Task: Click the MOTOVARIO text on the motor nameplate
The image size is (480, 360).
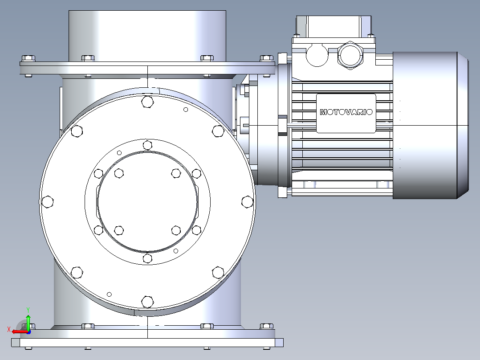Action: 346,112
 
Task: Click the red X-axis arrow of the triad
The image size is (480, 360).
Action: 20,331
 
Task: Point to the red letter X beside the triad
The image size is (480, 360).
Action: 9,330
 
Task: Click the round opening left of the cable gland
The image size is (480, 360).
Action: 317,55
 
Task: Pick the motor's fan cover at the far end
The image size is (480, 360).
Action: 431,125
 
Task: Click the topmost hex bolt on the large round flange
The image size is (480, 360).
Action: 147,102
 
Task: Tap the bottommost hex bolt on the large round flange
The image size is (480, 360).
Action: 147,302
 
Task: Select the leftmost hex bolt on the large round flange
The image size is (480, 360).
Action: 48,202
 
